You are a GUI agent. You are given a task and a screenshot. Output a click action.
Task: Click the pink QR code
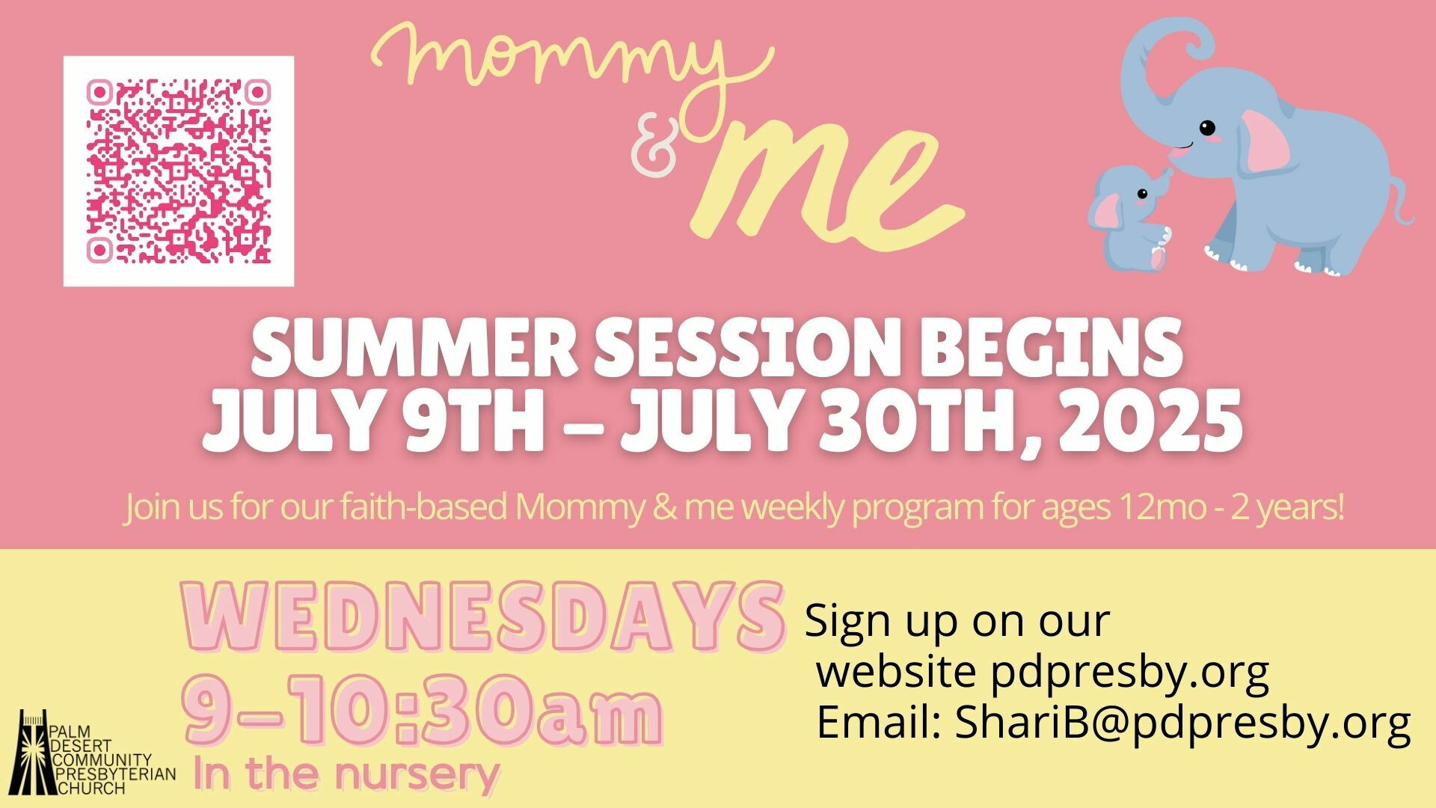pyautogui.click(x=179, y=171)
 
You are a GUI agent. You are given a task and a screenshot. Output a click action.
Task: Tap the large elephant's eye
pyautogui.click(x=1207, y=128)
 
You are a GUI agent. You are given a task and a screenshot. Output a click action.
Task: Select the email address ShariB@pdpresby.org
pyautogui.click(x=1182, y=723)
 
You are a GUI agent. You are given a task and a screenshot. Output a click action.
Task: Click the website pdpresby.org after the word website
pyautogui.click(x=1130, y=672)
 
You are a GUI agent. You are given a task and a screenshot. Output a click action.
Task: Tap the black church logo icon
pyautogui.click(x=34, y=752)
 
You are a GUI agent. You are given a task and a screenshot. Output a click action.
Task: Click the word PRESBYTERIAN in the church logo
pyautogui.click(x=116, y=774)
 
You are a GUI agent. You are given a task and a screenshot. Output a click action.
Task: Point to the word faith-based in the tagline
pyautogui.click(x=424, y=507)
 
